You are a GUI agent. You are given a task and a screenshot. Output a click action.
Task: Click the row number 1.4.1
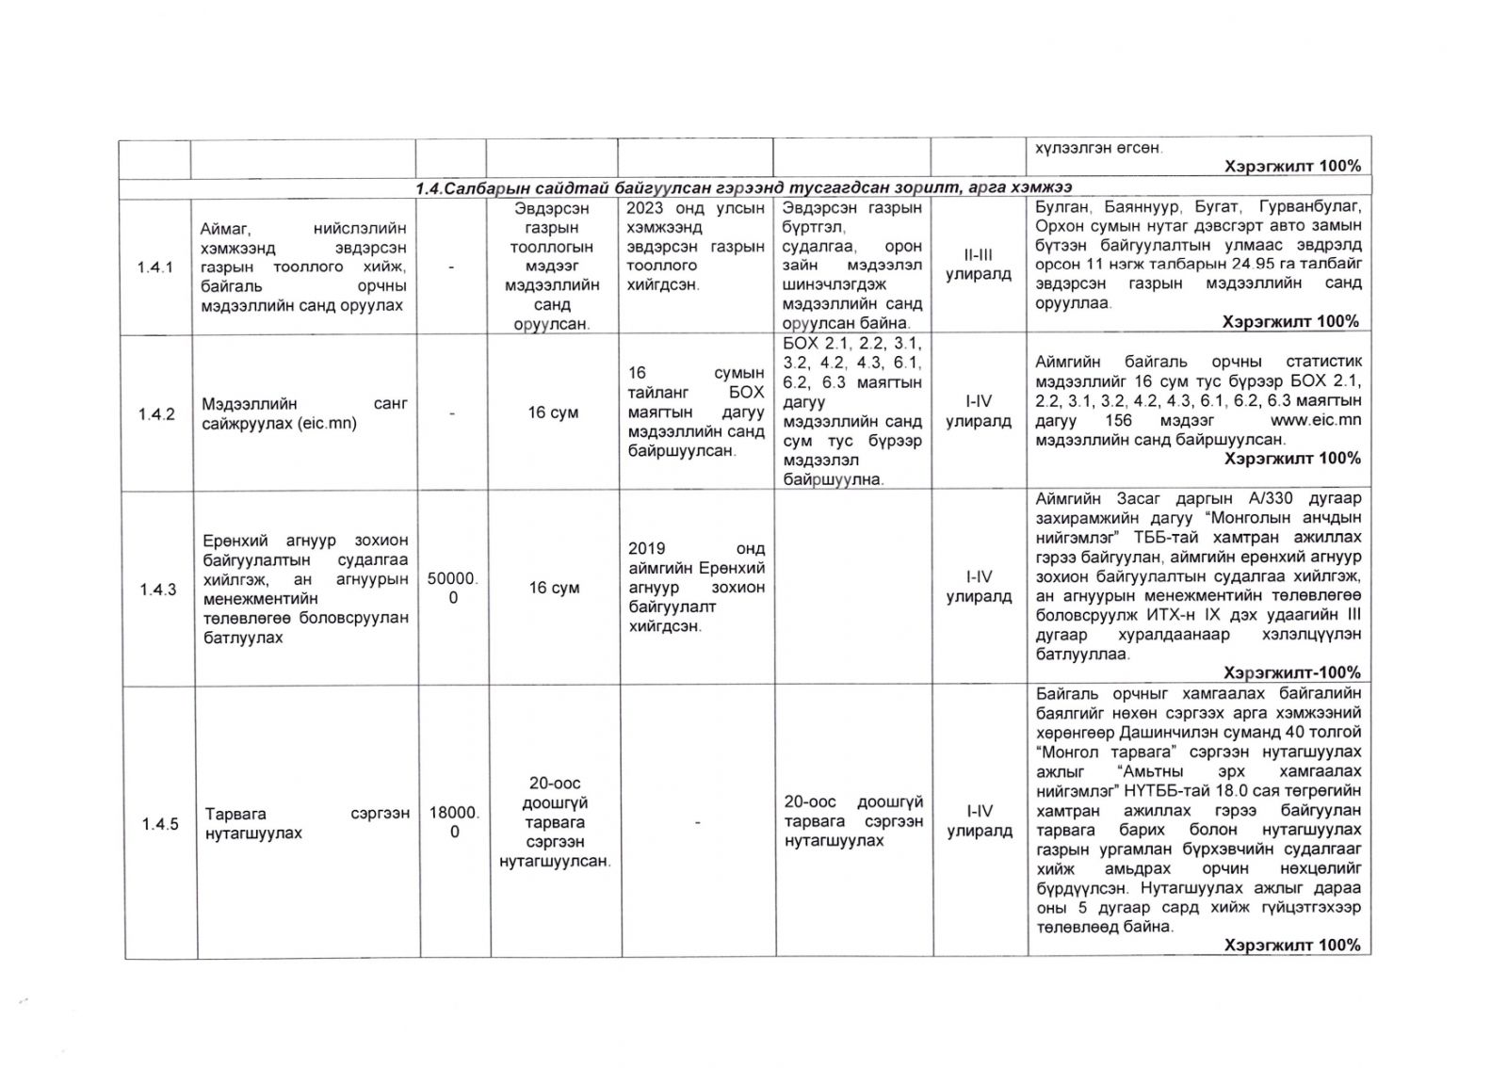[154, 267]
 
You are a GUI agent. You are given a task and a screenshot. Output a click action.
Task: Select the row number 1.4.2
[156, 414]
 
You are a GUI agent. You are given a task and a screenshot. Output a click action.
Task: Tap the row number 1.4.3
[158, 590]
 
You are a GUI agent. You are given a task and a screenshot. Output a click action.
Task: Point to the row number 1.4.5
[160, 825]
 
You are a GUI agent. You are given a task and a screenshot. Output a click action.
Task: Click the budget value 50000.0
[453, 589]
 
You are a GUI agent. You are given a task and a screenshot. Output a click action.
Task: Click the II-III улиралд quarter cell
[979, 265]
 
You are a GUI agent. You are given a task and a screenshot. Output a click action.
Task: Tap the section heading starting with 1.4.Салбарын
[744, 188]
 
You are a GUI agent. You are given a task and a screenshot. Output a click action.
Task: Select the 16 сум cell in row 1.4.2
[553, 413]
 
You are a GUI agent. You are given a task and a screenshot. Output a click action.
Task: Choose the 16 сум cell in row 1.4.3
[554, 588]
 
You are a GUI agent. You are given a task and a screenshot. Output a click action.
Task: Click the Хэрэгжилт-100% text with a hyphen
[1291, 672]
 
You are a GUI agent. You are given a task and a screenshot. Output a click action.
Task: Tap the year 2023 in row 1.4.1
[645, 208]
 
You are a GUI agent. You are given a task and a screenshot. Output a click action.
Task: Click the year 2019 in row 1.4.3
[646, 548]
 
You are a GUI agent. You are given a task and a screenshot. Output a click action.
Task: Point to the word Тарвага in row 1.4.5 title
[235, 814]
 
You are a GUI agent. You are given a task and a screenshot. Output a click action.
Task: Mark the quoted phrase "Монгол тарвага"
[1093, 752]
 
